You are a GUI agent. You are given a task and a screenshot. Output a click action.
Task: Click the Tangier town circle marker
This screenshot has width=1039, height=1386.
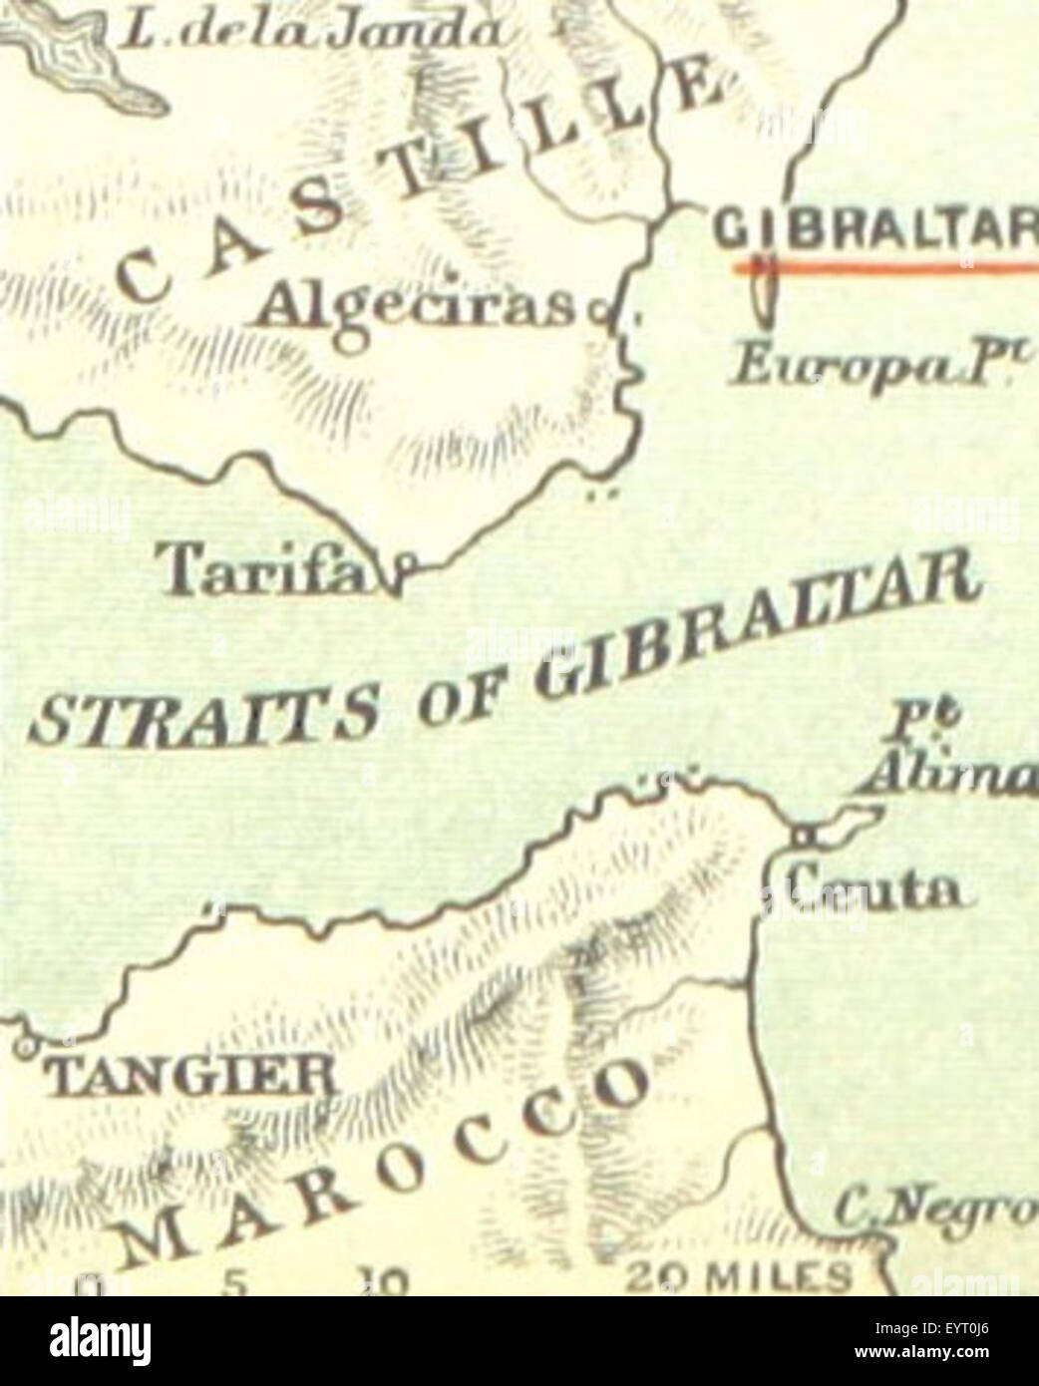tap(25, 1047)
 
